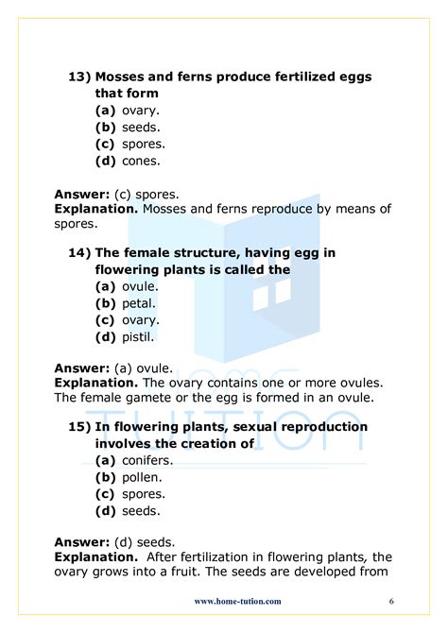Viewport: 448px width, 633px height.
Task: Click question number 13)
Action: tap(79, 76)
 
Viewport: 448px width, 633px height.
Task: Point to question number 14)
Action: tap(79, 252)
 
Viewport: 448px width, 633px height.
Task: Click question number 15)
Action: tap(79, 426)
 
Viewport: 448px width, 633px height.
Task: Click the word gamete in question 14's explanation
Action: tap(148, 398)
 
